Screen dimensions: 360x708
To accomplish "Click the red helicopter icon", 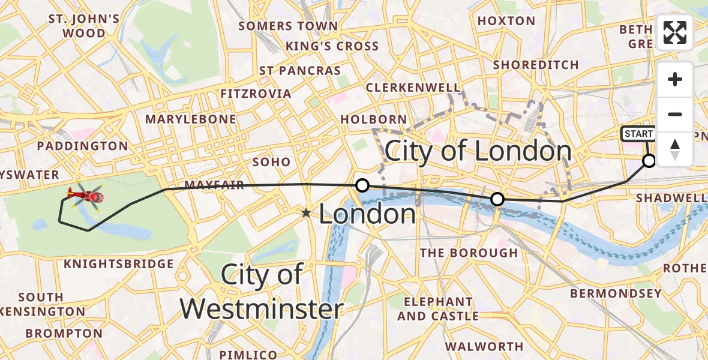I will (85, 196).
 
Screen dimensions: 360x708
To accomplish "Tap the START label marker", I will (638, 134).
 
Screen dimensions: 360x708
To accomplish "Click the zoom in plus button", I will (675, 79).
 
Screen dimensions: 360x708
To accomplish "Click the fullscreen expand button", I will (675, 32).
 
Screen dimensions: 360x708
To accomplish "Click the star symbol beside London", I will (307, 212).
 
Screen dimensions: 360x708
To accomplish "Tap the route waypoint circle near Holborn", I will (362, 185).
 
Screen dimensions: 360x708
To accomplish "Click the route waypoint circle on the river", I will (497, 199).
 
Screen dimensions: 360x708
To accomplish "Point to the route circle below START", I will (649, 160).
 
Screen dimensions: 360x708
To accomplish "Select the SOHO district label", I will (271, 162).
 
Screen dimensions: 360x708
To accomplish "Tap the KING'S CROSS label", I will (332, 46).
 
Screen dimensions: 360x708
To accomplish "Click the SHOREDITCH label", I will (535, 65).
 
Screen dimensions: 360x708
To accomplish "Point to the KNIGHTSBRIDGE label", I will (119, 264).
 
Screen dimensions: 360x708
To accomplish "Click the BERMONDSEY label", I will (616, 294).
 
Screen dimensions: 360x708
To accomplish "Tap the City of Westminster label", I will (262, 292).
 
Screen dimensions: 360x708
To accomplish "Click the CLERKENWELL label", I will (413, 88).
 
